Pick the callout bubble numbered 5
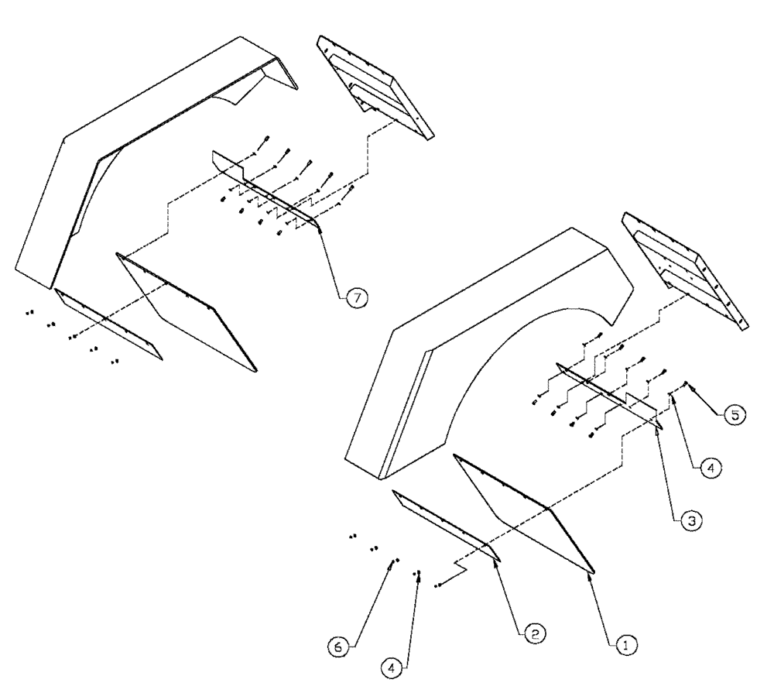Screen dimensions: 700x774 735,415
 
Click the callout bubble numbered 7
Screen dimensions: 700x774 357,296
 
